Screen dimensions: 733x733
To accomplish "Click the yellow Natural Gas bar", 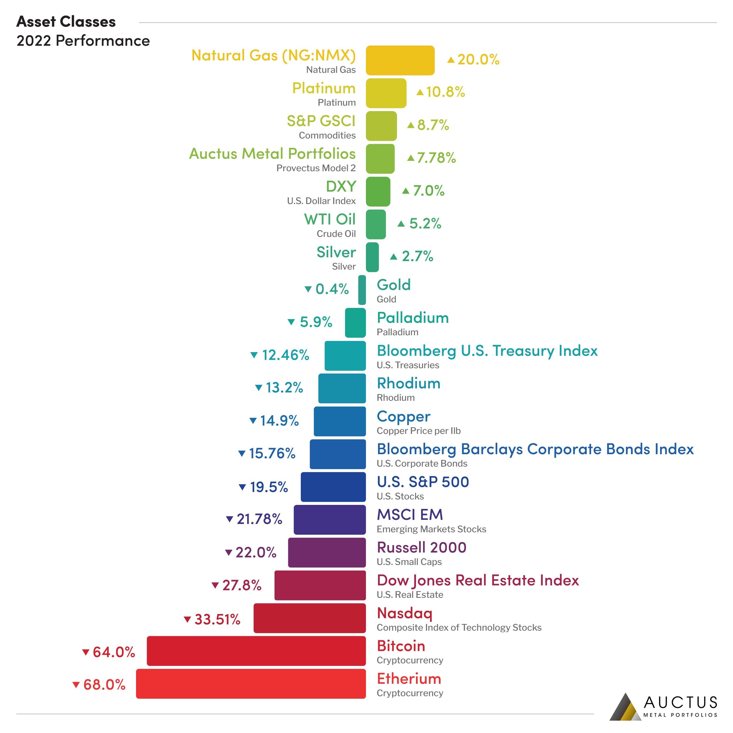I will (x=400, y=60).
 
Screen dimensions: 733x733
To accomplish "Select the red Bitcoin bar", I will (x=256, y=651).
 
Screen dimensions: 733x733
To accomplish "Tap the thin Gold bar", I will (x=362, y=290).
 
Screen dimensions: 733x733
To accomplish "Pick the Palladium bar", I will (x=355, y=323).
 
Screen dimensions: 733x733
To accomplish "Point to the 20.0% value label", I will (x=478, y=60).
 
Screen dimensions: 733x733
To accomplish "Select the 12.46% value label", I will (x=285, y=355).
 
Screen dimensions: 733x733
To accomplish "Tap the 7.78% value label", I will (x=436, y=158).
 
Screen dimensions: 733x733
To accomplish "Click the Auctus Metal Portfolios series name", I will (x=272, y=154).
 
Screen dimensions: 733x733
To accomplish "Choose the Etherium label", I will (x=409, y=678).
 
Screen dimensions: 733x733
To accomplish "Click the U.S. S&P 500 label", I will (x=423, y=482).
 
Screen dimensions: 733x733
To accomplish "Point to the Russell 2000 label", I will (x=421, y=547).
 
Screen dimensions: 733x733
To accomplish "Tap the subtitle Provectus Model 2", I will (x=316, y=168).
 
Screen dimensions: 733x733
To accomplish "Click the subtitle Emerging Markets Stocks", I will (x=431, y=529).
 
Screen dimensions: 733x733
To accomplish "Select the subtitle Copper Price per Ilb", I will (x=418, y=431).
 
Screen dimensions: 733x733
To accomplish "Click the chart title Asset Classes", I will (x=66, y=22).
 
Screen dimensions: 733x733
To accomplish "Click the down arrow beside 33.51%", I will (x=187, y=620).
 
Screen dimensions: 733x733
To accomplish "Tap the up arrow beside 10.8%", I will (x=420, y=92).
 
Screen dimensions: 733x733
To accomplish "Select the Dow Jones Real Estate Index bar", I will (x=320, y=586).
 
